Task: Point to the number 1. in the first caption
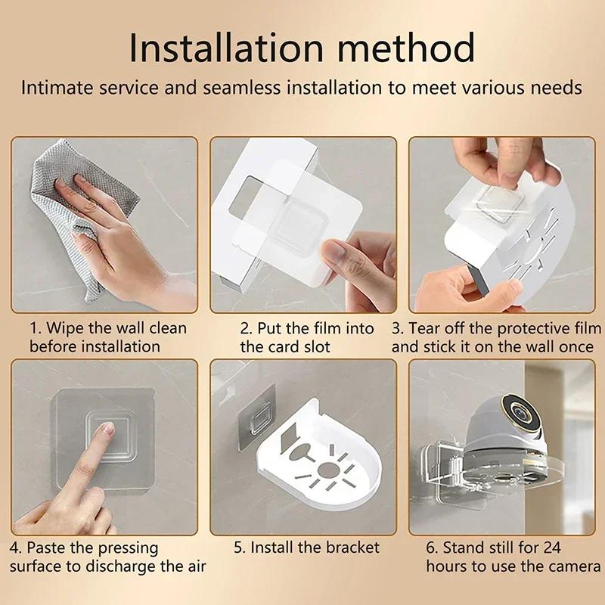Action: [36, 328]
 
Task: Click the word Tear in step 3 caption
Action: [441, 328]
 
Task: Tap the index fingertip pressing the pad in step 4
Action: [107, 430]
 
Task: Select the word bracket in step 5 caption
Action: [352, 547]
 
